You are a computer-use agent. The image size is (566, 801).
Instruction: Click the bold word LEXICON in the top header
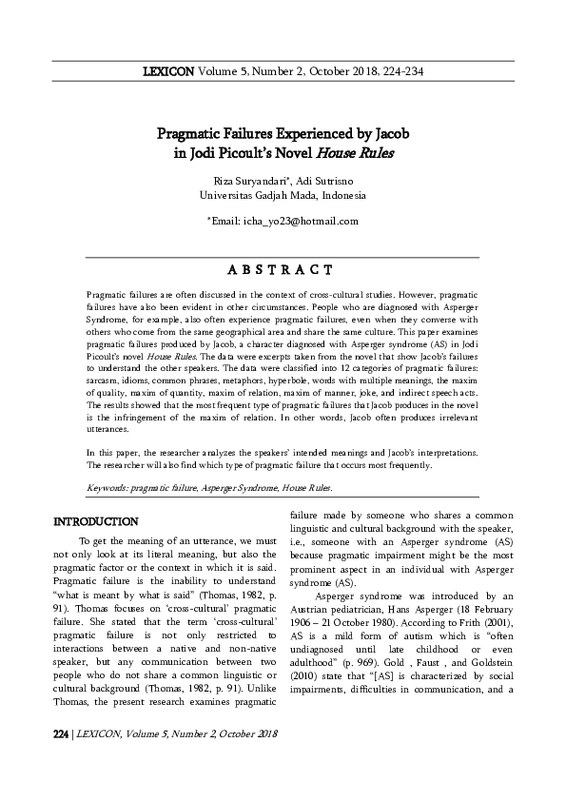pos(168,70)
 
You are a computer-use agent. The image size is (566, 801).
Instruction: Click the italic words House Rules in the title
pos(357,151)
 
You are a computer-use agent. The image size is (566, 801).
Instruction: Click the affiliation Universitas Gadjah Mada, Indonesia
pos(283,195)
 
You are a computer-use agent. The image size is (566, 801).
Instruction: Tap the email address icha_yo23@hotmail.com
pos(298,221)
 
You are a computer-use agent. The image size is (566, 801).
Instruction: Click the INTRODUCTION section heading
pos(97,522)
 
